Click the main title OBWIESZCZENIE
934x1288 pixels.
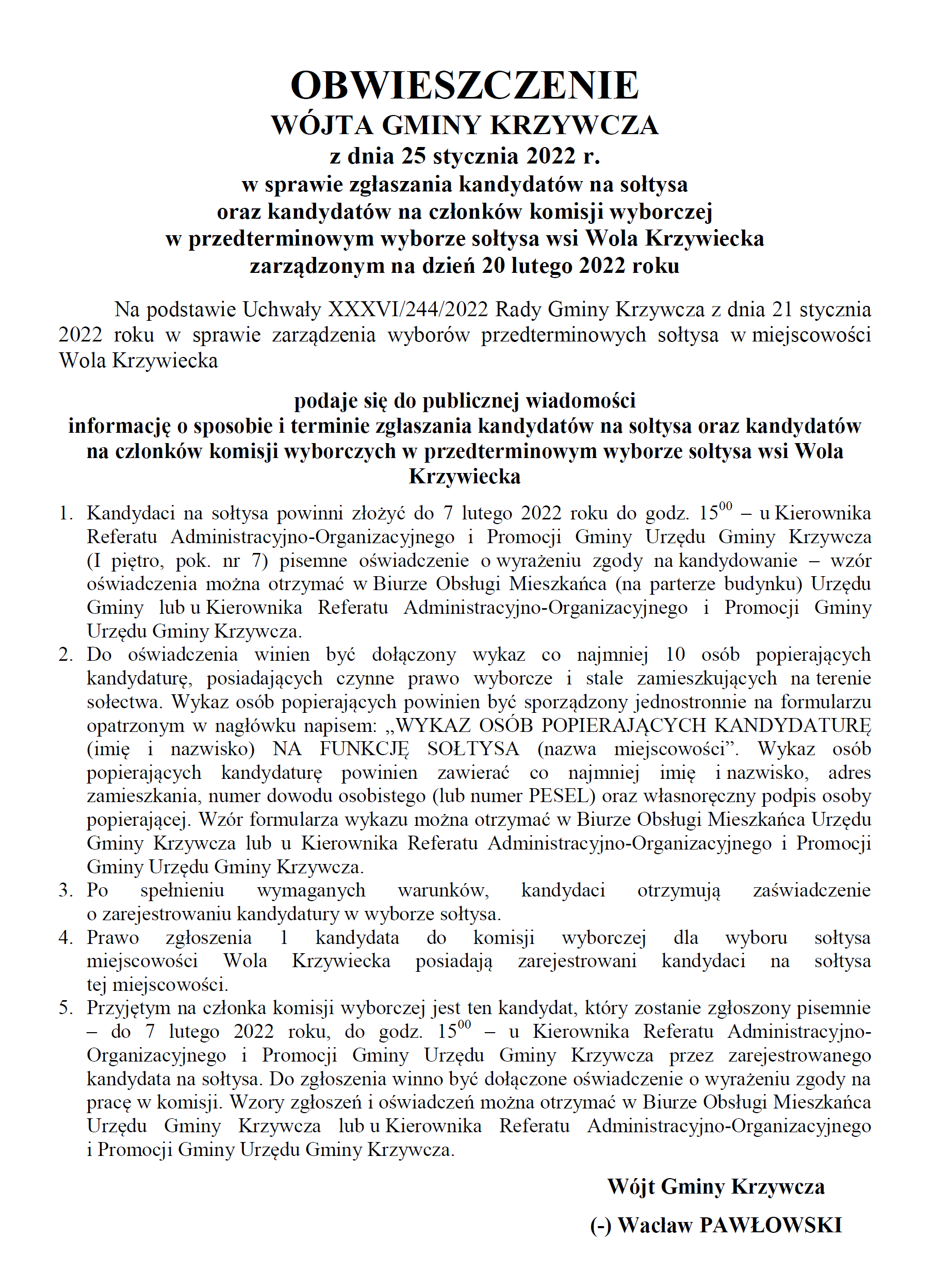(x=465, y=86)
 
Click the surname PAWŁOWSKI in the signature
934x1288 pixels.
(x=771, y=1225)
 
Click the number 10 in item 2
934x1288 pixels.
(x=675, y=654)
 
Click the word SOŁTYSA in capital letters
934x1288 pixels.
(x=473, y=748)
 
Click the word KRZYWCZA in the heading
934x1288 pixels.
(x=574, y=125)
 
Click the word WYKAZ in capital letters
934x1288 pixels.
(x=433, y=725)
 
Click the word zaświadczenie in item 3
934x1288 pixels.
(x=811, y=890)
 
